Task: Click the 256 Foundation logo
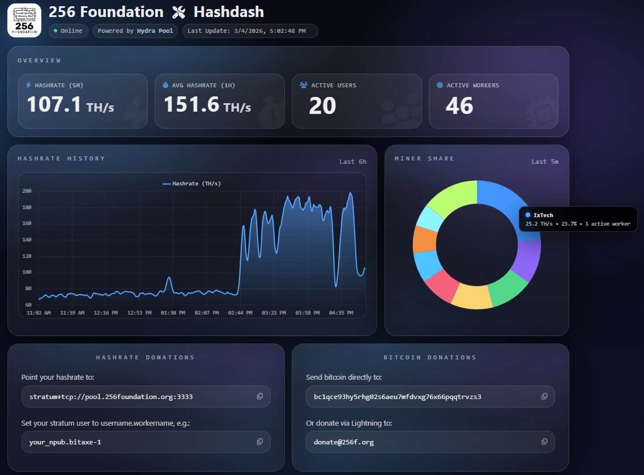(24, 20)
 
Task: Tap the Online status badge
(69, 31)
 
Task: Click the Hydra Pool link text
(155, 31)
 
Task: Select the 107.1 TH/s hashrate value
(70, 105)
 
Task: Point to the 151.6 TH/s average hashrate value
(207, 105)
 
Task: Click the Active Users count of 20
(322, 105)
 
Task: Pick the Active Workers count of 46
(459, 105)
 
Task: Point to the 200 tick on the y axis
(27, 191)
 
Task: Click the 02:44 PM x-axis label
(240, 312)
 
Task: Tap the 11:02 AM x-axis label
(39, 312)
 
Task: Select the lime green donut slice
(450, 196)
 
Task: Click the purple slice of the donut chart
(530, 260)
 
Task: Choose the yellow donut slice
(472, 297)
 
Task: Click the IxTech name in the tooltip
(543, 215)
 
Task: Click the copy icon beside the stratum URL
(260, 396)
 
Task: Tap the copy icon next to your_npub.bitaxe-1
(260, 442)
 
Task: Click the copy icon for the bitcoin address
(544, 396)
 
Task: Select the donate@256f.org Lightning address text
(343, 442)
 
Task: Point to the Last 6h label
(352, 162)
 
